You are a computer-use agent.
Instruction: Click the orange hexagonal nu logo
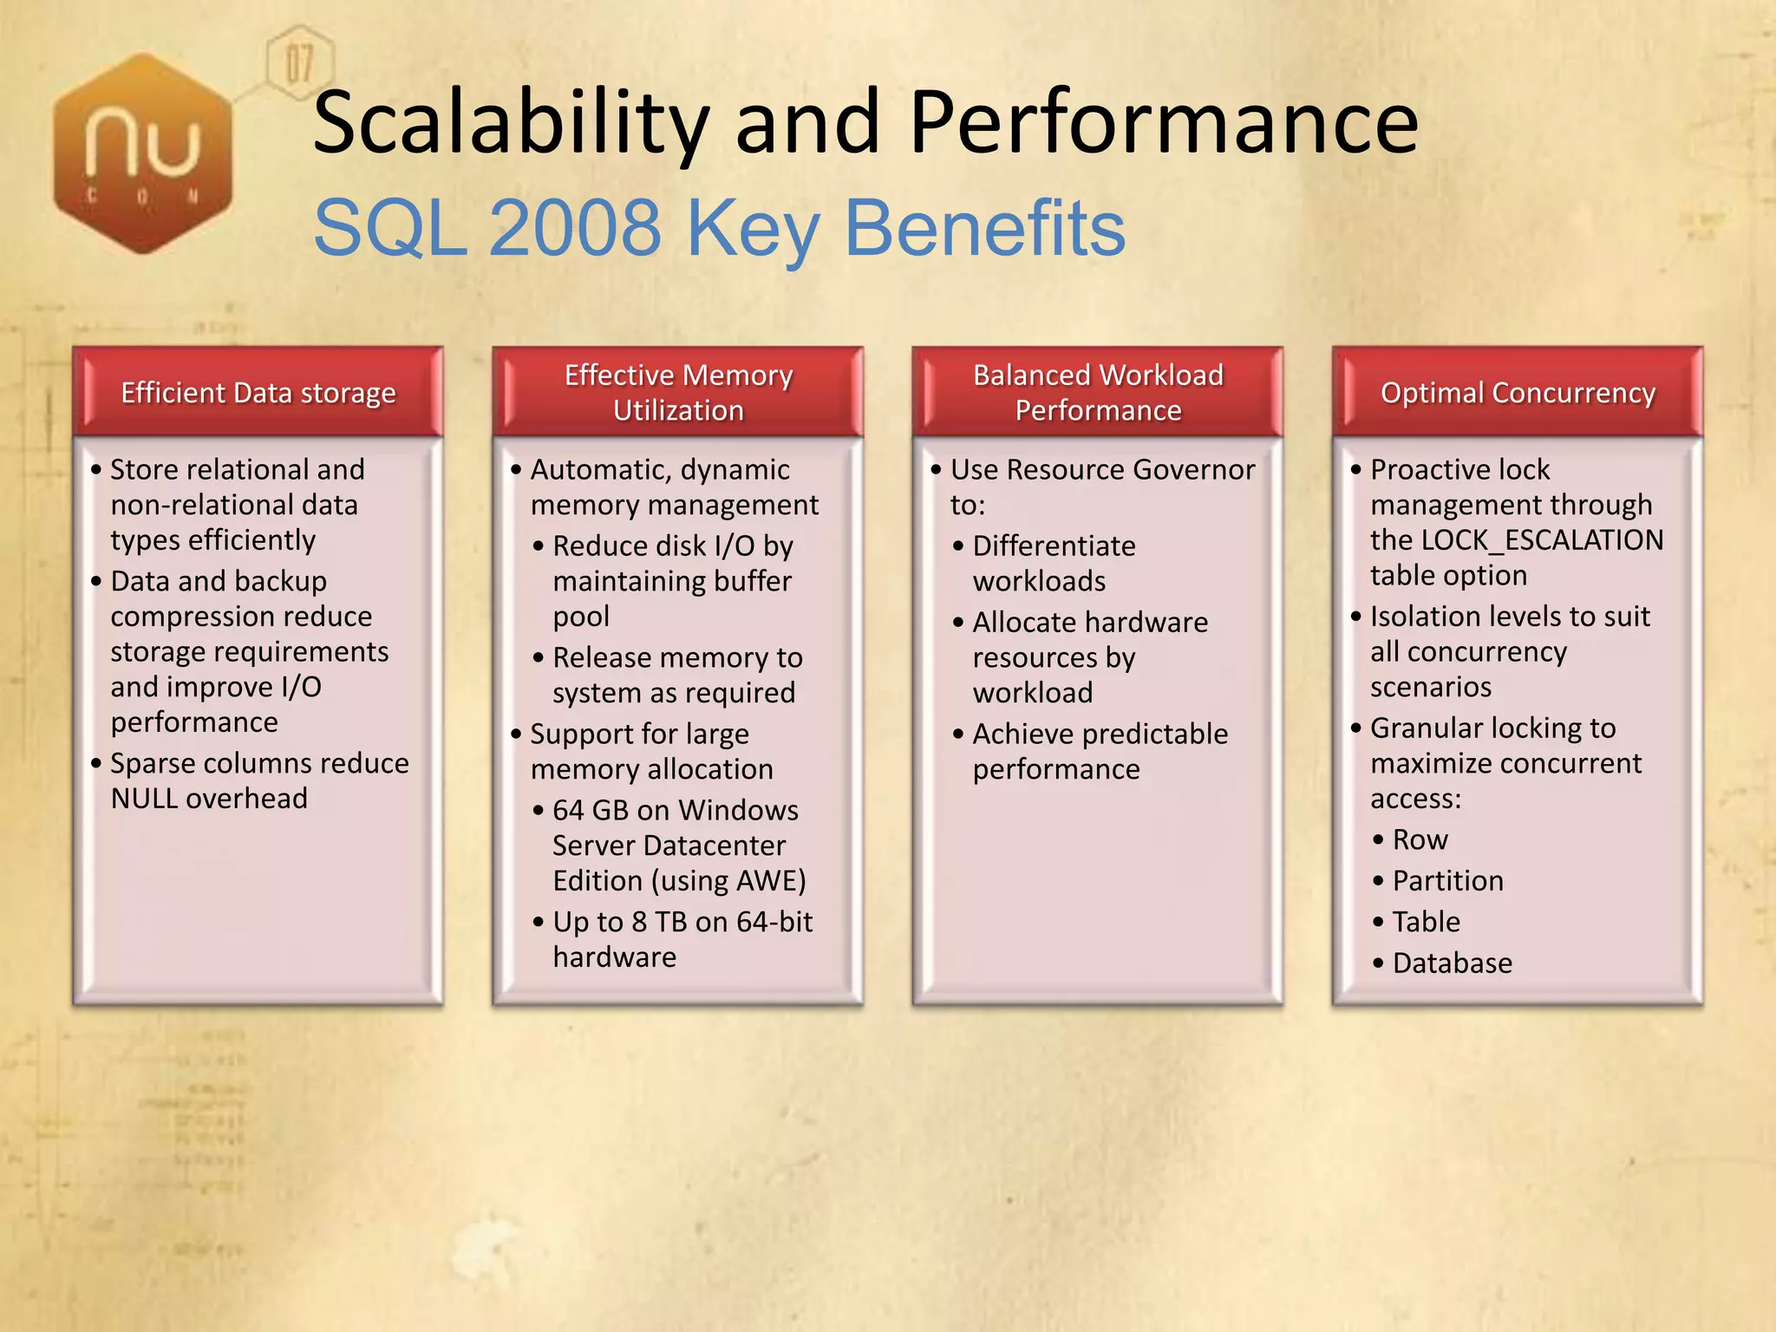(x=143, y=154)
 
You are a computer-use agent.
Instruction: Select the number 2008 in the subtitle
(x=575, y=228)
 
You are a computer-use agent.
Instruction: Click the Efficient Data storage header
(x=258, y=393)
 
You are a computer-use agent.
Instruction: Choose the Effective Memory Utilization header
(x=678, y=392)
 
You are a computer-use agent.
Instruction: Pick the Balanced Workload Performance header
(x=1098, y=392)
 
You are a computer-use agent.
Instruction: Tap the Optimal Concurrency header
(x=1518, y=393)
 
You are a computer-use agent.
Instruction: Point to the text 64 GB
(x=591, y=810)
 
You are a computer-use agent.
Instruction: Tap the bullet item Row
(x=1420, y=839)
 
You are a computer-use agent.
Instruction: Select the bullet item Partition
(x=1447, y=881)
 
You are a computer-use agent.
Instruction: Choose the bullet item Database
(x=1452, y=963)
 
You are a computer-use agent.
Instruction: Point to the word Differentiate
(x=1054, y=546)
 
